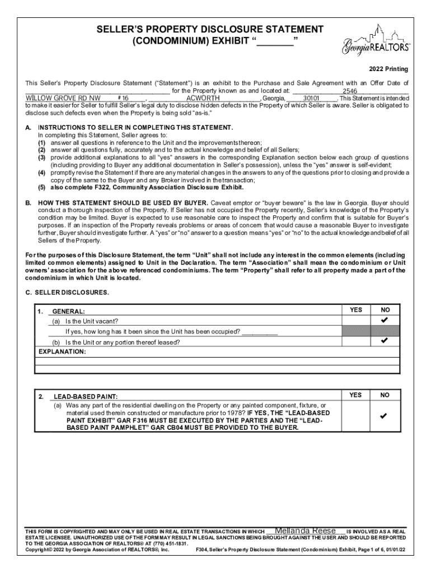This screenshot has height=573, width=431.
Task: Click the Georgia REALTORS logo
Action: pos(375,41)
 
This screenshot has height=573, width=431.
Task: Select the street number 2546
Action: pos(350,91)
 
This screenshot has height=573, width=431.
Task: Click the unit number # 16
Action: pos(124,98)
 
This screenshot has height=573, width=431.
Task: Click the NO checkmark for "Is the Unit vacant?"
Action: pos(385,321)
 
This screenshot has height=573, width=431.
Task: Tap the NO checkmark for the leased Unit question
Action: pos(385,340)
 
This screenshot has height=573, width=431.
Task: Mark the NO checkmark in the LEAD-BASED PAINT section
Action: pos(385,417)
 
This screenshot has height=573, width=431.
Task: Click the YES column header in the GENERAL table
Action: pos(356,310)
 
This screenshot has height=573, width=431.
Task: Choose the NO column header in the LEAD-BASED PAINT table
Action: pos(385,395)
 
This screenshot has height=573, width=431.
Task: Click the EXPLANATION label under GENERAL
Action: pos(62,352)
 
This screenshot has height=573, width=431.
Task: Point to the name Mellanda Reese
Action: pos(305,531)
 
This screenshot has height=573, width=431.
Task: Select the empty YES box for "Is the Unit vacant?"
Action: pos(356,321)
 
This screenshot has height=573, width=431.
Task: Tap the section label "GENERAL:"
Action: pos(69,311)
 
